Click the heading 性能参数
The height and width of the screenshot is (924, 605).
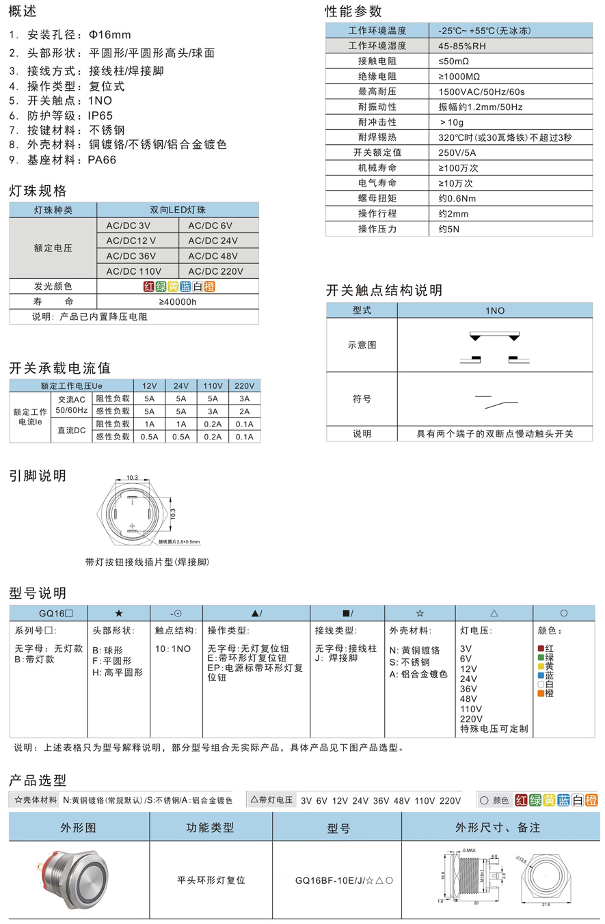coord(353,11)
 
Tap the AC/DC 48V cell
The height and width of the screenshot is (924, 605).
coord(213,256)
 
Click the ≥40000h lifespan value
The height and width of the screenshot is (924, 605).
coord(178,301)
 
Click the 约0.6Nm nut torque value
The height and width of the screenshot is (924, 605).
coord(457,198)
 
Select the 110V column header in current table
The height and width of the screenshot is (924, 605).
coord(213,385)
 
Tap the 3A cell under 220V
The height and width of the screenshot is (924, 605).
coord(244,398)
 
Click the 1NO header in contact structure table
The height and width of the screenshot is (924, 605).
coord(495,310)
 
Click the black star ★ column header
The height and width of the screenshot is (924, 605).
coord(119,613)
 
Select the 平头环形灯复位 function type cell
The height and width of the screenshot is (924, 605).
coord(211,880)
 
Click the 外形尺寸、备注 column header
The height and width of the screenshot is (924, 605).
coord(498,827)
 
